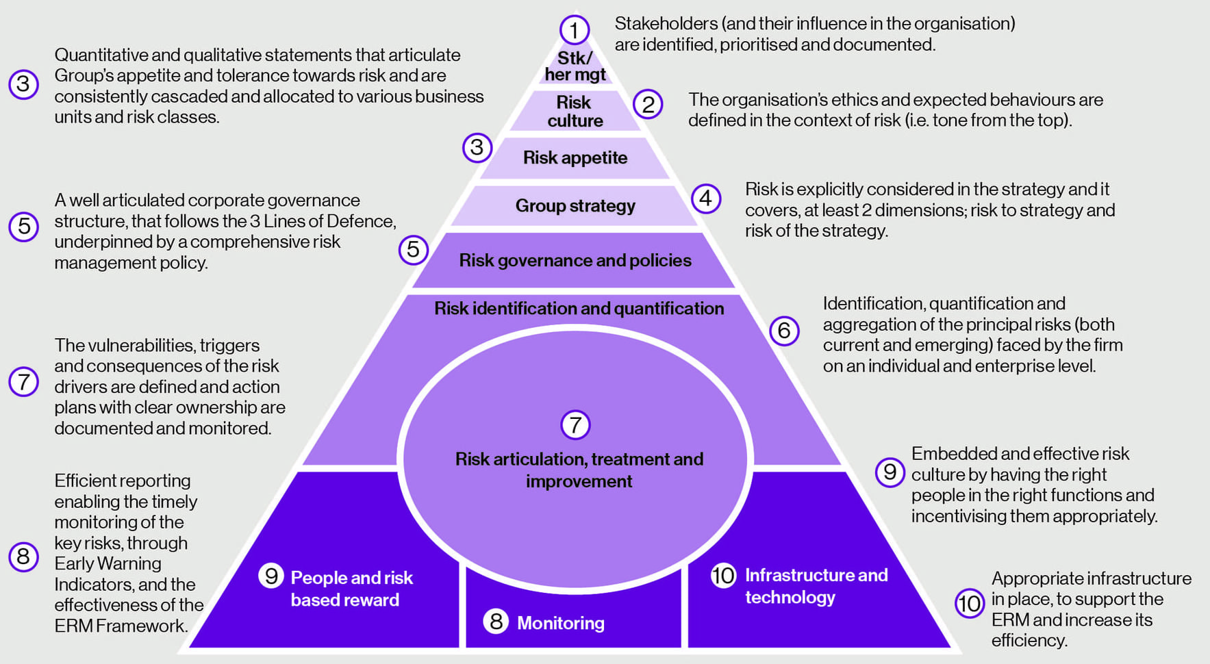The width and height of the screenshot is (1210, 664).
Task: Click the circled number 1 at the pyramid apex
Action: point(574,29)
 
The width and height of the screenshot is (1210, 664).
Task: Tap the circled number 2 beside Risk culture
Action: point(648,105)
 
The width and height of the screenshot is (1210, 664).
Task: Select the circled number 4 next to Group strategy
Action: point(706,199)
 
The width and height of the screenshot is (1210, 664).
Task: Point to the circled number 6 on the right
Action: point(785,331)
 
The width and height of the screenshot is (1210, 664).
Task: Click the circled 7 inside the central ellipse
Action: point(575,425)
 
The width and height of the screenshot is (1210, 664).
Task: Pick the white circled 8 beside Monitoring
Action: point(496,622)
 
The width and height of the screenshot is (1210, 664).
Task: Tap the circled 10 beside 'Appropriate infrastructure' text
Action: point(970,604)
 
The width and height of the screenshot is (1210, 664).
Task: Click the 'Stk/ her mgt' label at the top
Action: point(575,66)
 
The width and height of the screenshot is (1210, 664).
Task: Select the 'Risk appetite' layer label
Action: point(575,158)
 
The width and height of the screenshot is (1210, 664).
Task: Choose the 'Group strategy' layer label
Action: point(575,206)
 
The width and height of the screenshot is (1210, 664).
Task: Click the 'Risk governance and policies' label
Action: point(575,261)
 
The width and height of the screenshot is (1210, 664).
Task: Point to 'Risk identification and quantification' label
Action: point(579,309)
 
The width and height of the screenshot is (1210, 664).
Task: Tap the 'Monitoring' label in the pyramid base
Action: point(561,623)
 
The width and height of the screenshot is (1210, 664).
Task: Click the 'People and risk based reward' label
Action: point(351,589)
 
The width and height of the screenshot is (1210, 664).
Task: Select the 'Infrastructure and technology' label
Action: point(816,586)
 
